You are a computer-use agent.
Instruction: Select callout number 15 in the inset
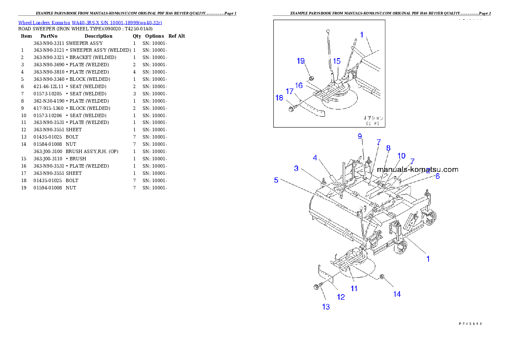337,61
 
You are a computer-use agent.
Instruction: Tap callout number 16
299,85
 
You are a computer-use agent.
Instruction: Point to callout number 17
290,91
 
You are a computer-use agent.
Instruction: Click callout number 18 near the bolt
279,98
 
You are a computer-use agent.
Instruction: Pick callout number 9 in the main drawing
360,136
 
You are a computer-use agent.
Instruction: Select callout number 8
388,148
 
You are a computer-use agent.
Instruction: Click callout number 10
401,156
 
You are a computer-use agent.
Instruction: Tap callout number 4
315,157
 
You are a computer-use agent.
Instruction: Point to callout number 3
296,168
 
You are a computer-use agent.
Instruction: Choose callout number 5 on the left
276,180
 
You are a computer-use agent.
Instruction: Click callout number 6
437,175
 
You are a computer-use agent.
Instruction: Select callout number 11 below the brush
354,289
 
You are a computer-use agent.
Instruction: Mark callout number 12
340,297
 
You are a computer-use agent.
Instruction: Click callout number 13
326,307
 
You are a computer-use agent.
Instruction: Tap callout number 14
397,294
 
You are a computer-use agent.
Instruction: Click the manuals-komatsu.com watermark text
417,169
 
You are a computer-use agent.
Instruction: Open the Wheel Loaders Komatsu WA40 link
90,22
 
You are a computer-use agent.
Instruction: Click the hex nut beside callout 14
383,278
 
